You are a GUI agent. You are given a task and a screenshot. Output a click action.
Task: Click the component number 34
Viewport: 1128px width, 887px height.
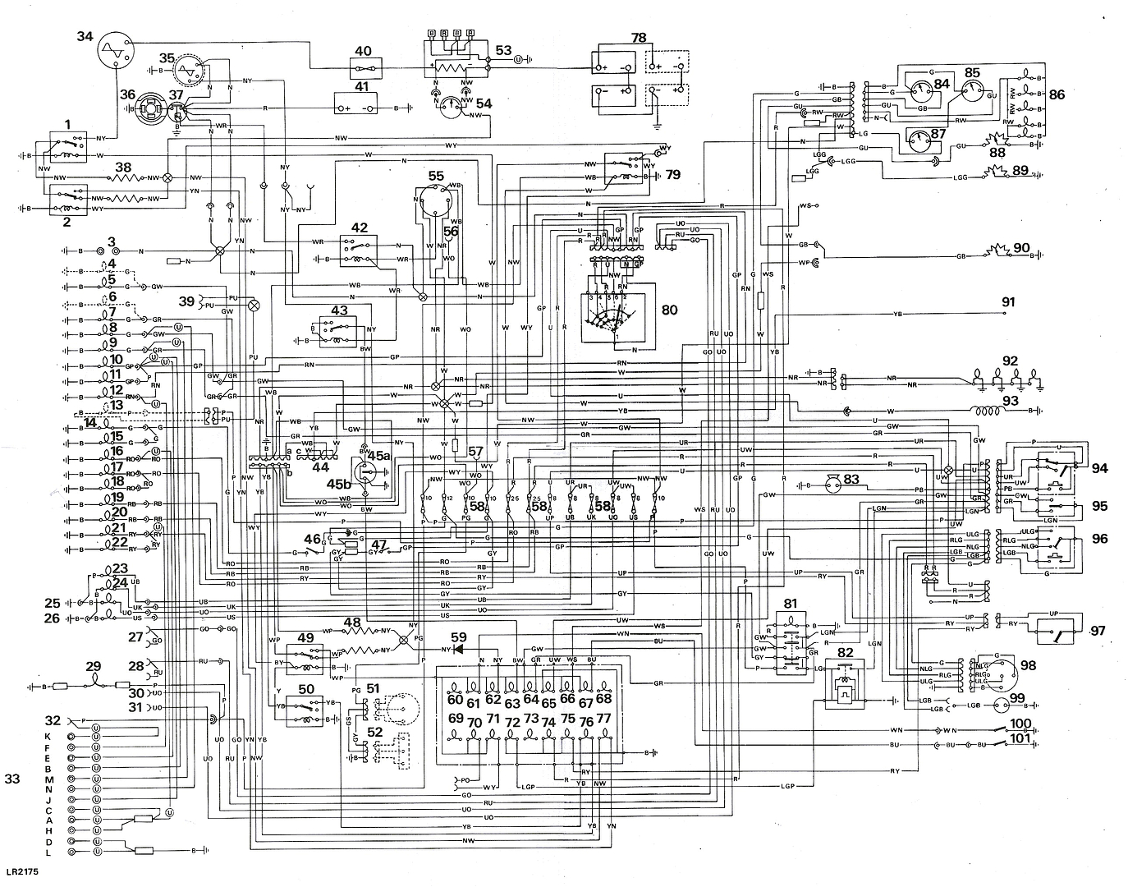[85, 36]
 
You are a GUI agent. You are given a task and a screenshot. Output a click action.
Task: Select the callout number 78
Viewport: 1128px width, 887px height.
[639, 37]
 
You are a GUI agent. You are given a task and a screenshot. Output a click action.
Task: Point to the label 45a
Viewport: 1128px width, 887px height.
[379, 455]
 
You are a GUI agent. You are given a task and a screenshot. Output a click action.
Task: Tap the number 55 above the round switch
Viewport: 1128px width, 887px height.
[435, 176]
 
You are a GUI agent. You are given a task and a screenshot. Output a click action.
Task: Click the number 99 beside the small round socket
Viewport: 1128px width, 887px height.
[1020, 699]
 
